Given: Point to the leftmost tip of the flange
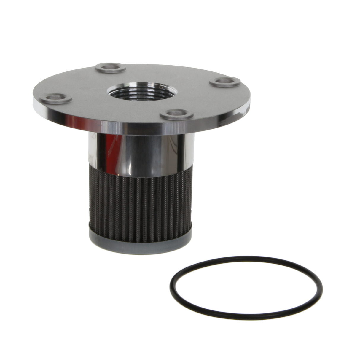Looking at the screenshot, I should (x=32, y=102).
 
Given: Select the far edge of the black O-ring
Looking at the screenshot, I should (x=246, y=254).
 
